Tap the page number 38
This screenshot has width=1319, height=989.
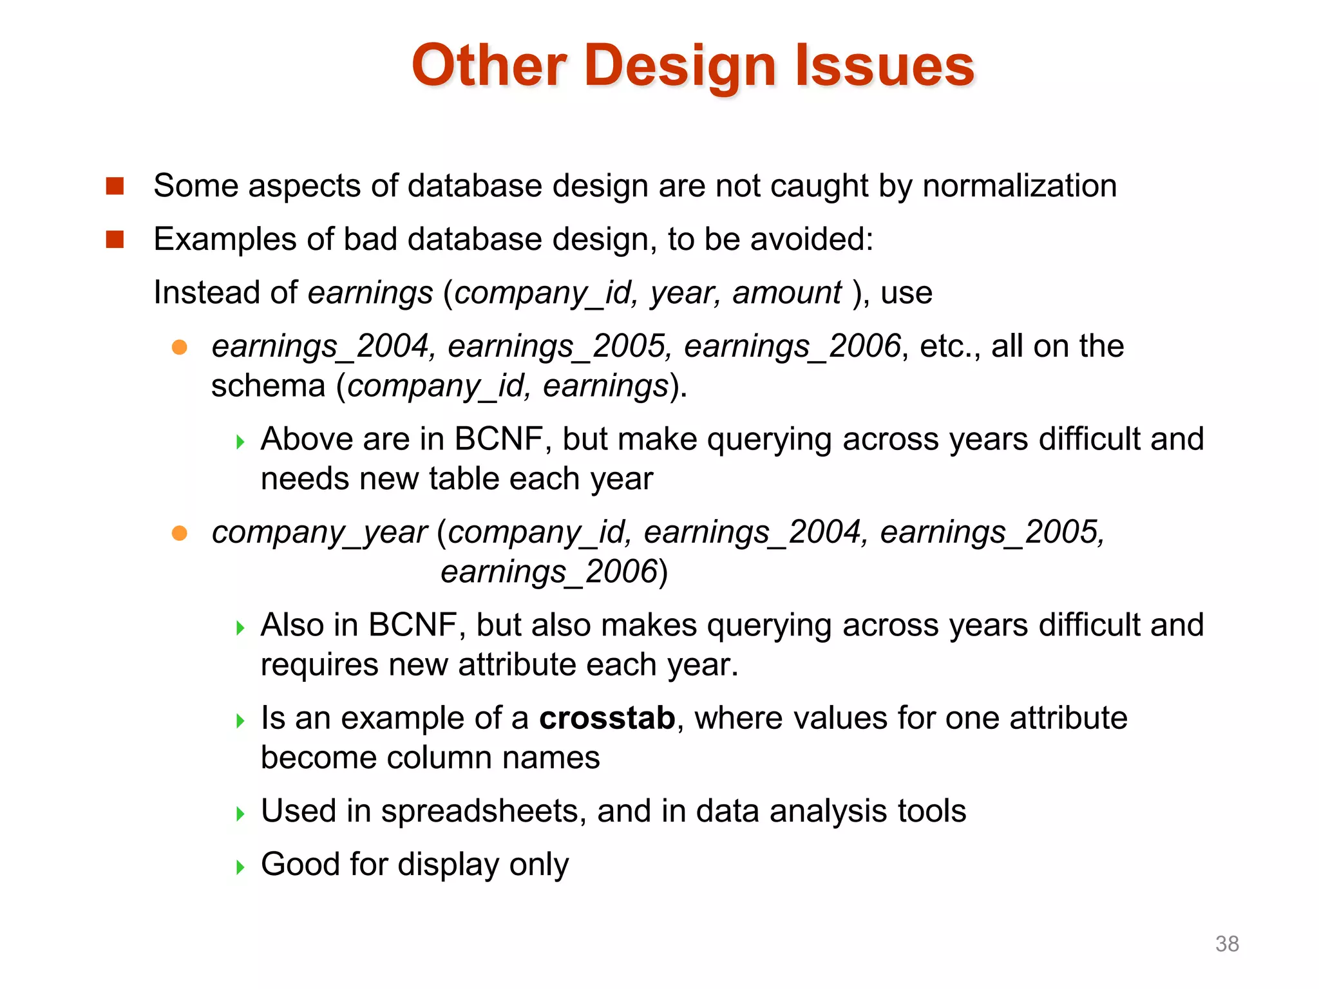1227,943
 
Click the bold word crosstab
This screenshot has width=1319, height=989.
607,717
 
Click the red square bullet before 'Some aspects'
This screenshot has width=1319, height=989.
115,186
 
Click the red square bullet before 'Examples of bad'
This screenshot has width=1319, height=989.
115,240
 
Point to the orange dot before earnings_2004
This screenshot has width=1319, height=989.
180,348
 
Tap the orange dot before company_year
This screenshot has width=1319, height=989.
180,533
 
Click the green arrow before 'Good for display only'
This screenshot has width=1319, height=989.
240,867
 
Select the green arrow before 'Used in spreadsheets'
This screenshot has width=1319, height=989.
240,813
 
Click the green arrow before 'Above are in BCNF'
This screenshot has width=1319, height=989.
240,442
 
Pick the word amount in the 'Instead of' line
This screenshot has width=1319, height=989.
787,293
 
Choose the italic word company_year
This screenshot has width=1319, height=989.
319,533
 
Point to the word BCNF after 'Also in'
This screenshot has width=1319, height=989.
413,625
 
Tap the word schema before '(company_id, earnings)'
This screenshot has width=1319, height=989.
268,386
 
